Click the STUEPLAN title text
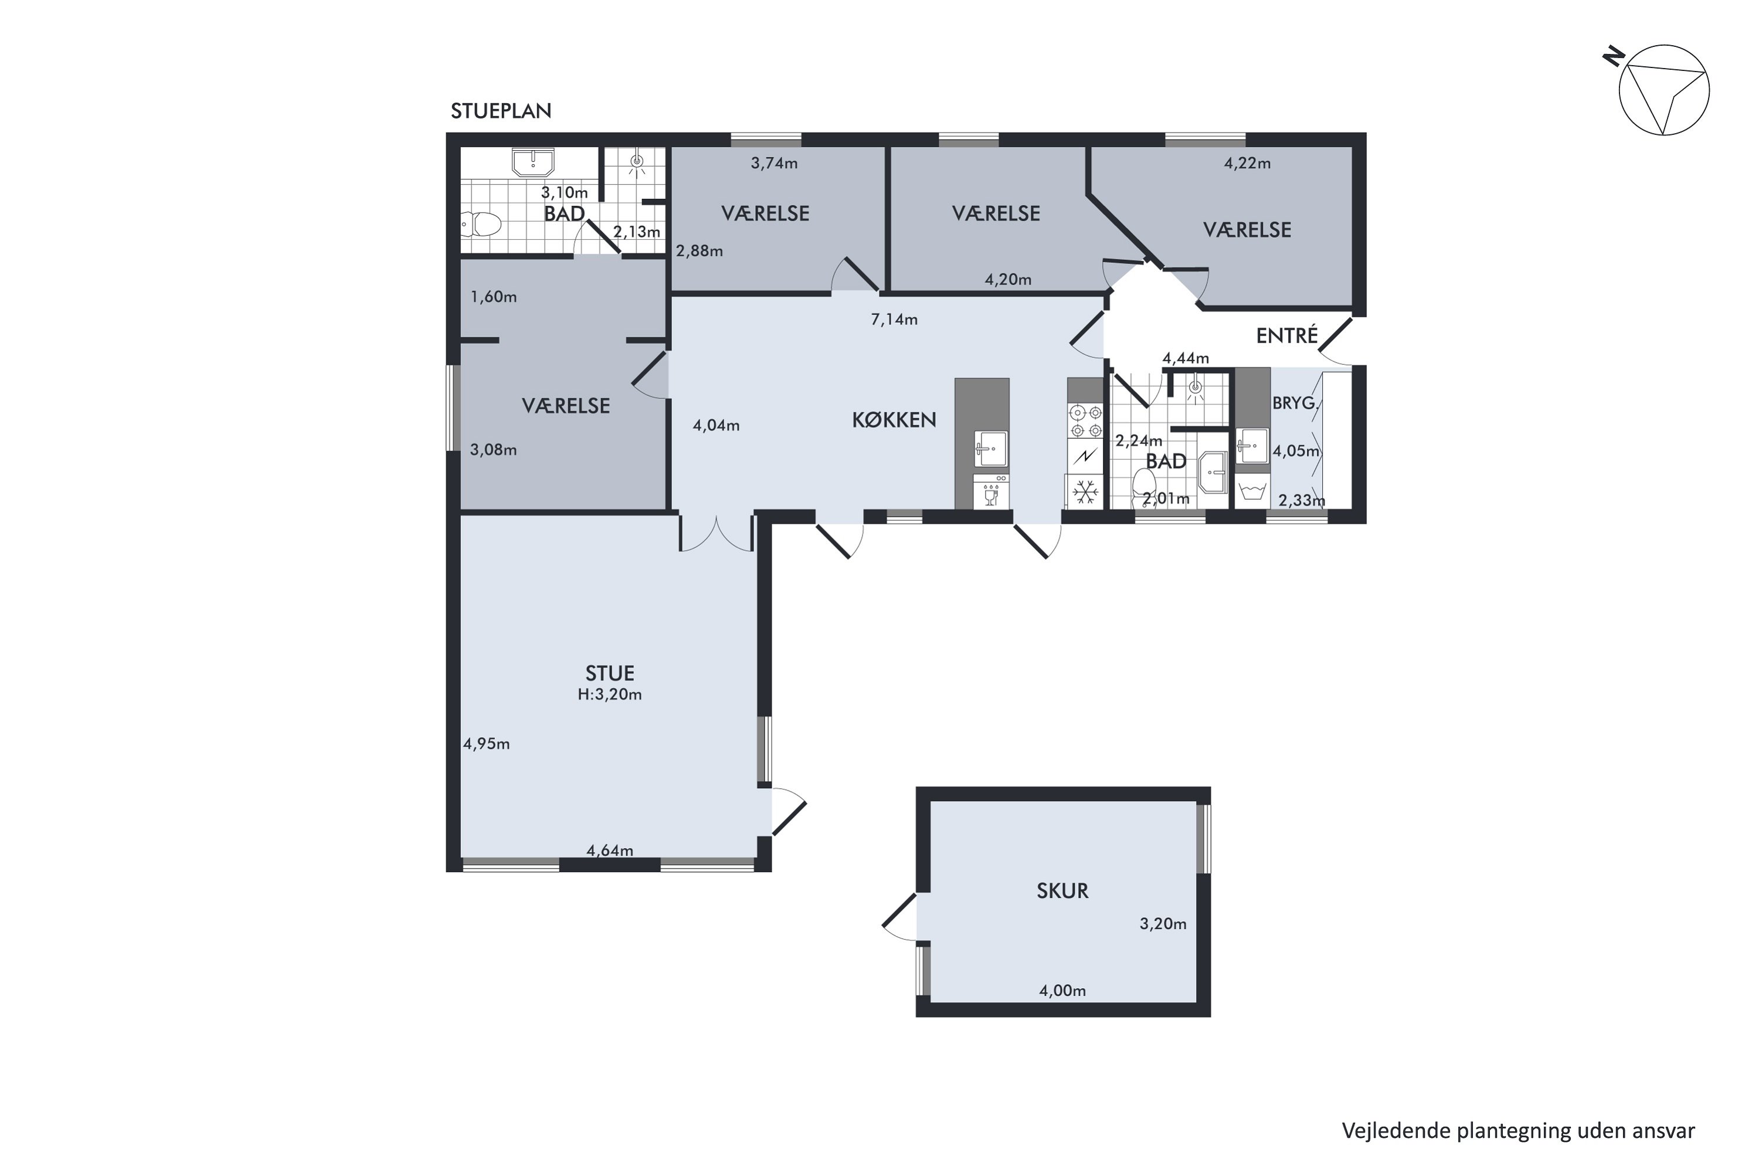[x=501, y=111]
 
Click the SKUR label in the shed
[x=1062, y=890]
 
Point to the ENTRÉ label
[x=1286, y=336]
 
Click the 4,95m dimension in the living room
[x=486, y=744]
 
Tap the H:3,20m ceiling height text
[x=610, y=694]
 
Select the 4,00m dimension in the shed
[x=1062, y=991]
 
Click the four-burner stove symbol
[x=1085, y=421]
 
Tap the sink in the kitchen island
[x=991, y=448]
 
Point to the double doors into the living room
[x=716, y=533]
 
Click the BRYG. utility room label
[x=1294, y=404]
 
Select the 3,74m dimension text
[x=774, y=163]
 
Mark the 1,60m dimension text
[x=494, y=297]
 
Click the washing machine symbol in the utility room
[x=1252, y=491]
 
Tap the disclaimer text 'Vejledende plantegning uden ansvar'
[x=1518, y=1130]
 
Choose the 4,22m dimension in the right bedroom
[x=1248, y=163]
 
